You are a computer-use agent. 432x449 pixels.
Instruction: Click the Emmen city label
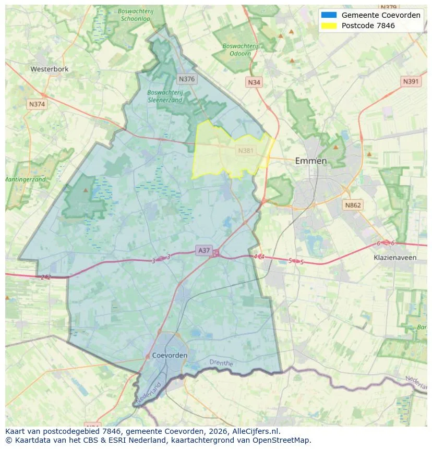(311, 161)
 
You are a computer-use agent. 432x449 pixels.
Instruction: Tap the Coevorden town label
(170, 356)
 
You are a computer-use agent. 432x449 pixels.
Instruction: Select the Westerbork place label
(50, 69)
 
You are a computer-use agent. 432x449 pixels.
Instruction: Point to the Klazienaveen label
(395, 258)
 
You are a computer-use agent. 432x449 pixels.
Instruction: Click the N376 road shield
(186, 79)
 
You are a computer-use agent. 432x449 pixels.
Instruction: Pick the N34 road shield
(254, 82)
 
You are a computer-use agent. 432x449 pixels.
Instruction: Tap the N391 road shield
(411, 82)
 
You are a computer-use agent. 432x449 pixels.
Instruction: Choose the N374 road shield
(37, 104)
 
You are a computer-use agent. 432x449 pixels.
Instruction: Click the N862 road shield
(353, 205)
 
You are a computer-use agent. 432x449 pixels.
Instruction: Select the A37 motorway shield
(204, 251)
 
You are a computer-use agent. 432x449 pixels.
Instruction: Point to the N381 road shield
(246, 151)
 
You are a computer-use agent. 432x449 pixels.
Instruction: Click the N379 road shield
(389, 7)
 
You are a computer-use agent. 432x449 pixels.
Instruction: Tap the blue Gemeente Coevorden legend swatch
(329, 15)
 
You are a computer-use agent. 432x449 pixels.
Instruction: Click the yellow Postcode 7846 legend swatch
(329, 26)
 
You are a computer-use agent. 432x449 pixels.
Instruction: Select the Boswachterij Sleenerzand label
(165, 96)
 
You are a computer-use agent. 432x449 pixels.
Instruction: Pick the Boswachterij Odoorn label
(240, 50)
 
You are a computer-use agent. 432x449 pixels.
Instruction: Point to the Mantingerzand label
(25, 179)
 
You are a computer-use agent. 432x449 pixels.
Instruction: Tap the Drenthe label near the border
(221, 362)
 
